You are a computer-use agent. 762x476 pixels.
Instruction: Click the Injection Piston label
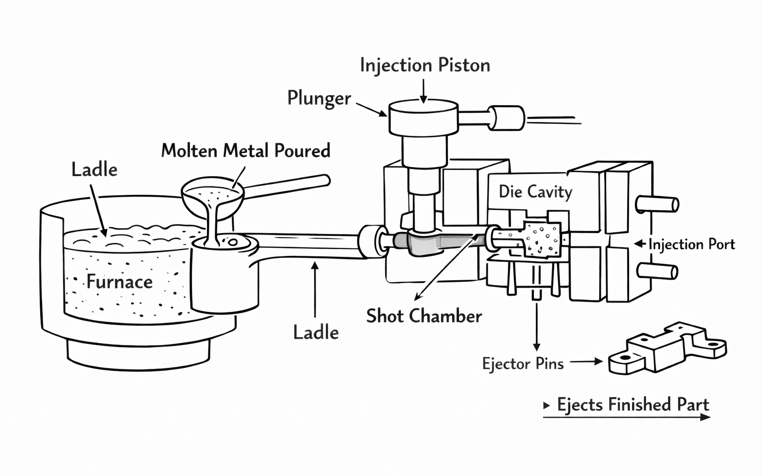coord(425,65)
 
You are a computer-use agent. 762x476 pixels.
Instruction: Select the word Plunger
coord(319,98)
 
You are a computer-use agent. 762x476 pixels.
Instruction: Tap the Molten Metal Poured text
coord(246,151)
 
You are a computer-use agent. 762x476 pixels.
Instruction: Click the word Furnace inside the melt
coord(120,282)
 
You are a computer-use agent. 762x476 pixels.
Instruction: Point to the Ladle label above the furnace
coord(94,170)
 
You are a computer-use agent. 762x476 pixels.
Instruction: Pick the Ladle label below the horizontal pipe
coord(316,332)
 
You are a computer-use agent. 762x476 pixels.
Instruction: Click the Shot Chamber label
coord(424,316)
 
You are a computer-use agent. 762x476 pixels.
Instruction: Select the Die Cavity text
coord(535,191)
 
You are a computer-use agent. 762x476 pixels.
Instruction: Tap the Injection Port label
coord(692,244)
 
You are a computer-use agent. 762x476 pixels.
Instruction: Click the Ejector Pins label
coord(523,364)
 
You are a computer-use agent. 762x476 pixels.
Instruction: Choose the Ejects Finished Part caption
coord(633,405)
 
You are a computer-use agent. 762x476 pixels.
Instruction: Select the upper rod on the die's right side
coord(658,204)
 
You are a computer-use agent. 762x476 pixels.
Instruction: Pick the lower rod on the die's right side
coord(658,271)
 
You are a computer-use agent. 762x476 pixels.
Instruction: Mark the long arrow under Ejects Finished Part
coord(627,417)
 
